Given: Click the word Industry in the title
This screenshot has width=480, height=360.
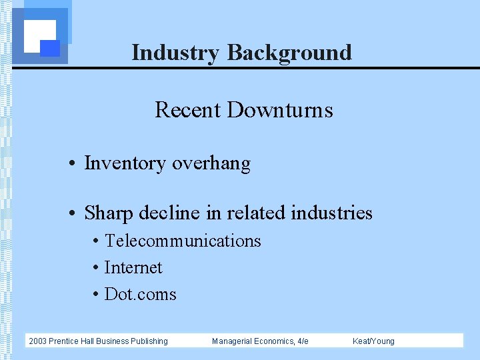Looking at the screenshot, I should click(x=176, y=52).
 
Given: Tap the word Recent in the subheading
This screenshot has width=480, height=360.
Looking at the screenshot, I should click(x=188, y=109).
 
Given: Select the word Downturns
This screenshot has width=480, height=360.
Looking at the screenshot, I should click(x=280, y=109).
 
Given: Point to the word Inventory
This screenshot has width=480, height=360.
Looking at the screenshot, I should click(x=125, y=163).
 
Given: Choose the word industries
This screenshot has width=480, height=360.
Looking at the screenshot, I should click(x=332, y=213).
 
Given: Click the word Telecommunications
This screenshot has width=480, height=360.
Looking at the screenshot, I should click(x=183, y=241).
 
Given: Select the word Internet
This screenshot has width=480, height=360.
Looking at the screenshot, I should click(x=133, y=267).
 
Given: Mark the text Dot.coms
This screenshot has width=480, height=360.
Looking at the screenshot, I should click(x=141, y=294).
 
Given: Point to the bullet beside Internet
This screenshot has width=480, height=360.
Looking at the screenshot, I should click(x=97, y=268).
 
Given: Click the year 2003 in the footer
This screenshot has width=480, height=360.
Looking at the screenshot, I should click(x=37, y=341).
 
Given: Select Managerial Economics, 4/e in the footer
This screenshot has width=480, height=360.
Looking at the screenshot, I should click(x=260, y=341).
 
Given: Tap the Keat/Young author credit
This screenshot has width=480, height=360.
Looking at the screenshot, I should click(x=373, y=341).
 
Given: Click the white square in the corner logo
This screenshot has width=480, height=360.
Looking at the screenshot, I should click(x=39, y=35).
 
